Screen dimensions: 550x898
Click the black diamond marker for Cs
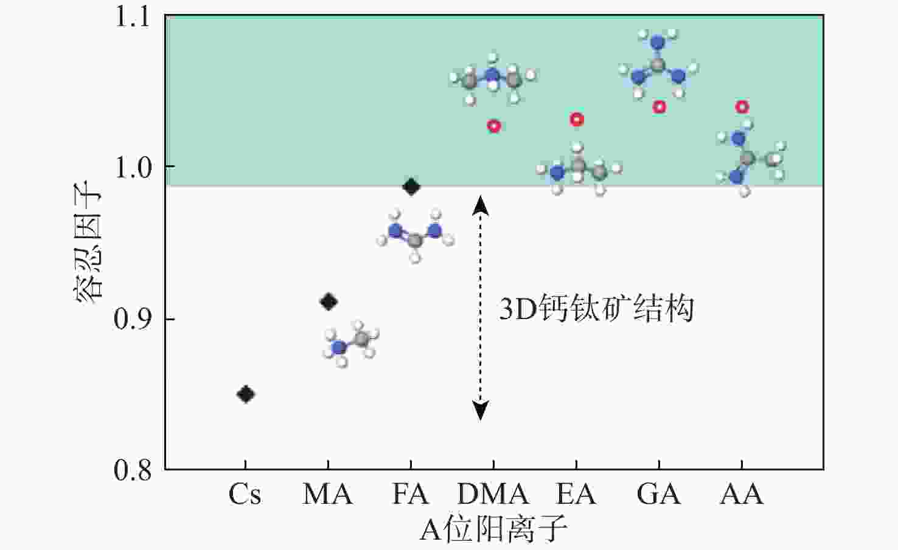[245, 394]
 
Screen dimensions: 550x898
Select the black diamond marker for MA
[329, 301]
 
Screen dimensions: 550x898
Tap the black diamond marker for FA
[411, 187]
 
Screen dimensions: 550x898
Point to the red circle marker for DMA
[494, 126]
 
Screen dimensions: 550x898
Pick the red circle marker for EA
[577, 120]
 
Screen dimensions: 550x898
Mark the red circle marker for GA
[660, 107]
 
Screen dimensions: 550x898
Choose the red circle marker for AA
[742, 107]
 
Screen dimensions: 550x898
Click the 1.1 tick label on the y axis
[133, 16]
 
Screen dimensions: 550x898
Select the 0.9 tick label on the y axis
[133, 318]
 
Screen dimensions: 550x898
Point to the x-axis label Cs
[245, 494]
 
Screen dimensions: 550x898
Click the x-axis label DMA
[493, 494]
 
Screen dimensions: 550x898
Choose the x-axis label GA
[659, 494]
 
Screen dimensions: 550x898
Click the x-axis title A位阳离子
[493, 529]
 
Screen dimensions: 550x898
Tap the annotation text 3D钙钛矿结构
[596, 309]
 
